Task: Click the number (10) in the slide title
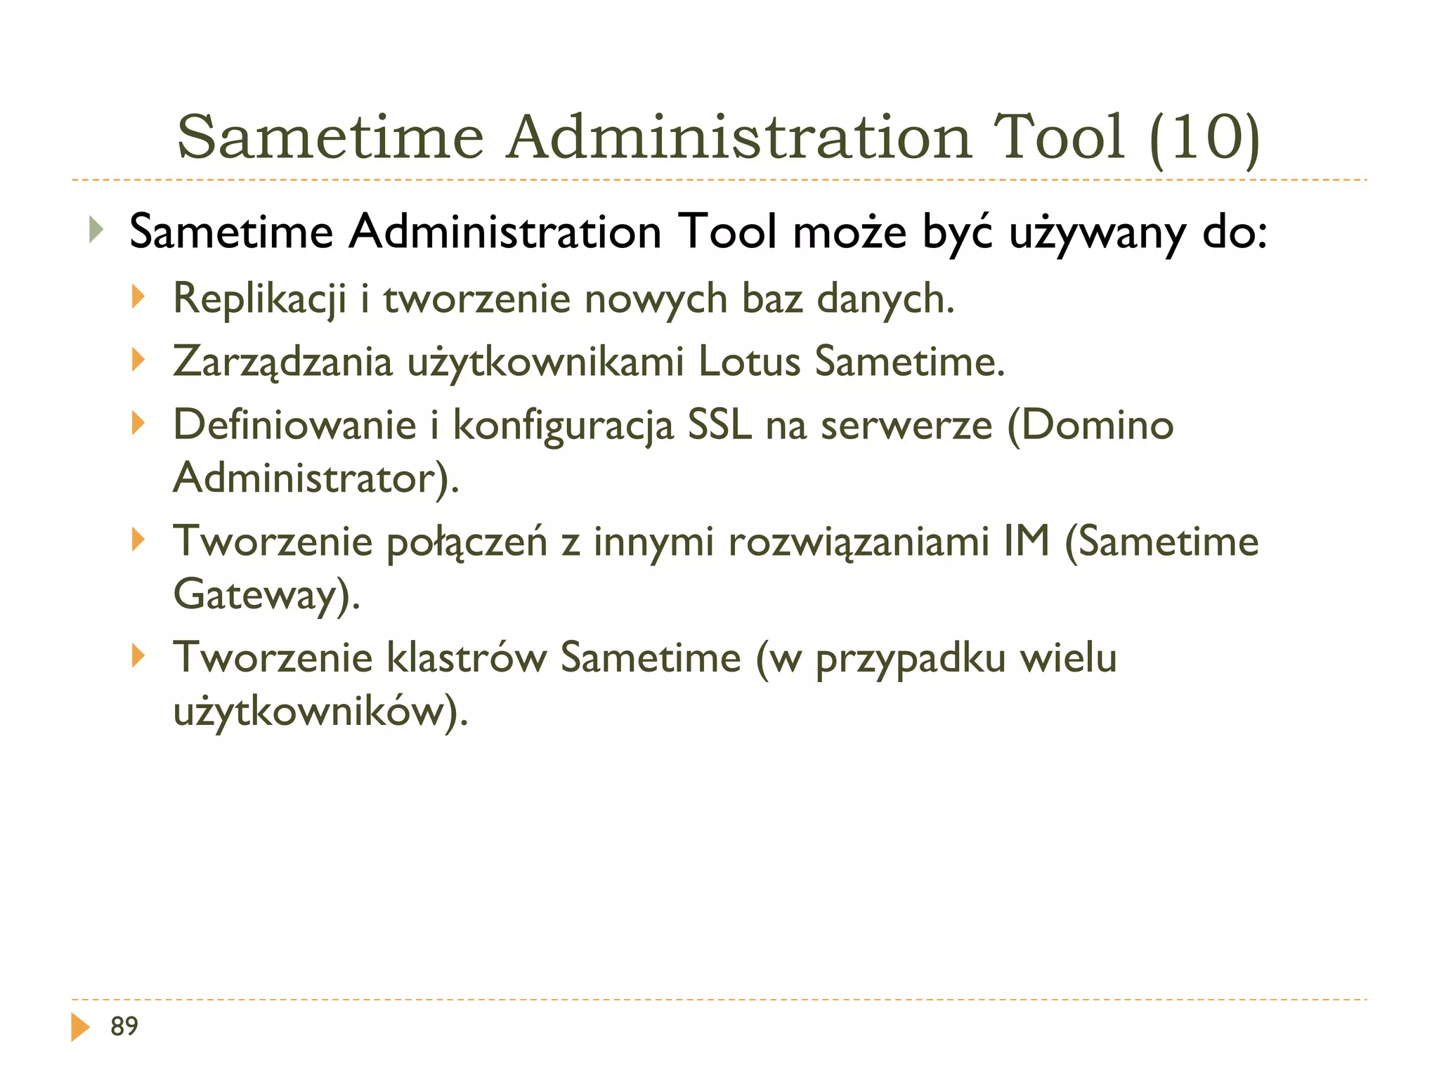tap(1205, 137)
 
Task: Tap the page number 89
tap(124, 1026)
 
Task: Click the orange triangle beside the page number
tap(80, 1027)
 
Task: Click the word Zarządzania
tap(282, 362)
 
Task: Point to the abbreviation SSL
tap(719, 425)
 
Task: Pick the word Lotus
tap(750, 362)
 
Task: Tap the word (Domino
tap(1090, 425)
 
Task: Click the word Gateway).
tap(266, 596)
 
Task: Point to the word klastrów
tap(467, 658)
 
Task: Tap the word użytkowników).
tap(320, 712)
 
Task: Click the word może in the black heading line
tap(849, 232)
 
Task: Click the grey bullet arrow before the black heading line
tap(96, 230)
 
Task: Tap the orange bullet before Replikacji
tap(138, 296)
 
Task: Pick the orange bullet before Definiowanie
tap(138, 423)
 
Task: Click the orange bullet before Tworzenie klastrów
tap(138, 656)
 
